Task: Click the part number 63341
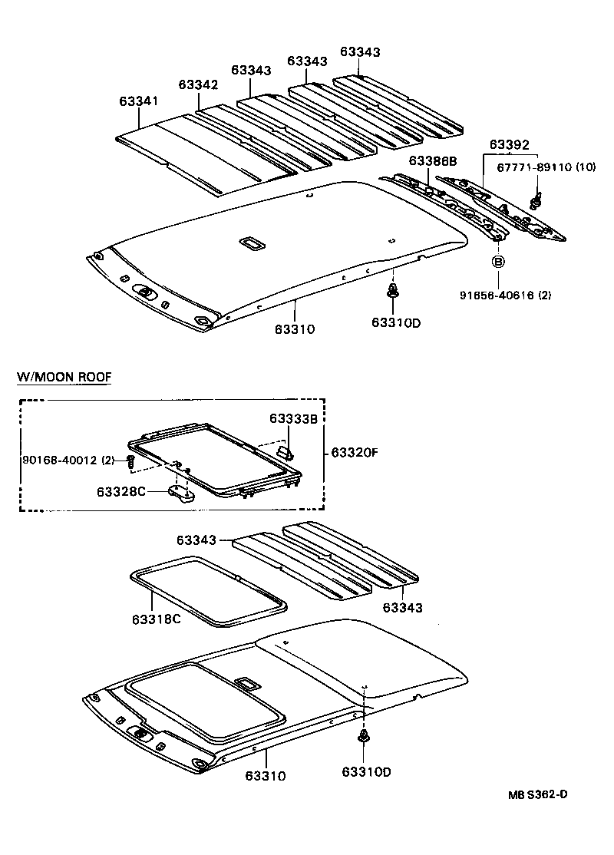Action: pos(138,101)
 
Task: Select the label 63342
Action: pos(199,84)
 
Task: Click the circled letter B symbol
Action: pos(497,262)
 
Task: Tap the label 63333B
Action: pos(294,418)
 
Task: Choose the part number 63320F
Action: pos(355,453)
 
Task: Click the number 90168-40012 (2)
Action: pos(68,460)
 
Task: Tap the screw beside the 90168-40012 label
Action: pos(131,461)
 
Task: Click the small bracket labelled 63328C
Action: pos(181,493)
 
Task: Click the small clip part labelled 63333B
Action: pos(284,451)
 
